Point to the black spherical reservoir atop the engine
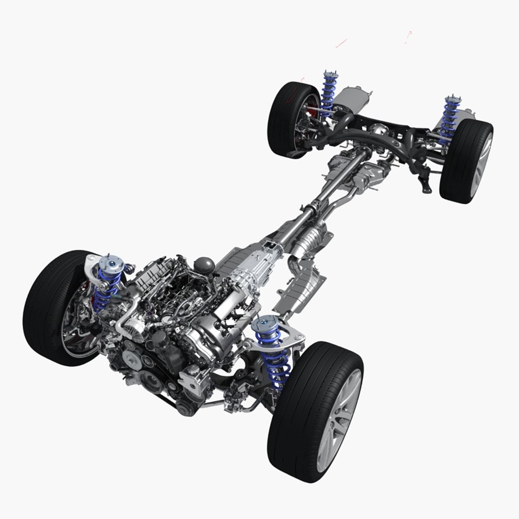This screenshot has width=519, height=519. coord(204,265)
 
